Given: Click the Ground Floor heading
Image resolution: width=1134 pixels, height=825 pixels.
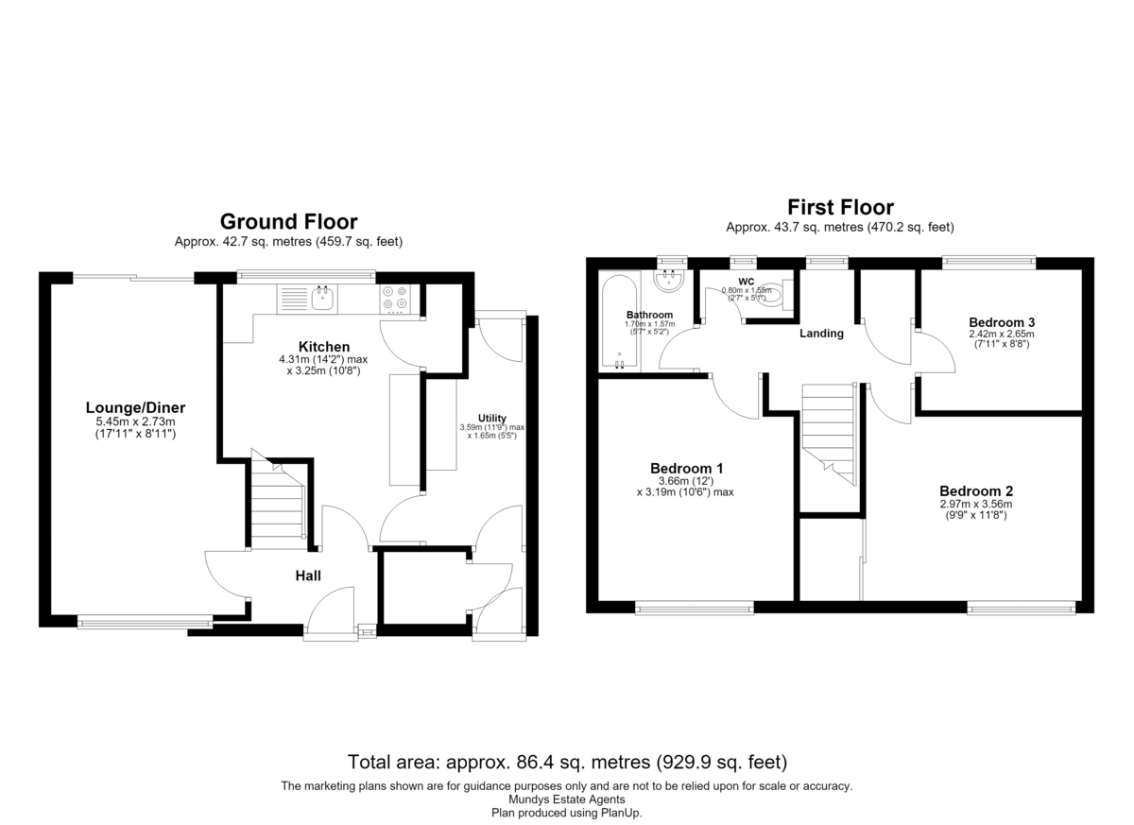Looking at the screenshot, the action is (x=288, y=222).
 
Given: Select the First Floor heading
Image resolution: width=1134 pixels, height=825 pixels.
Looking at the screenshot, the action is (x=840, y=208).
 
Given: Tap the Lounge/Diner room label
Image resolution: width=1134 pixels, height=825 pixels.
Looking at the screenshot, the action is (x=135, y=407).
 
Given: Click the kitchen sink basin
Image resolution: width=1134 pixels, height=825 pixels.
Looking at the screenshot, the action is (x=322, y=299).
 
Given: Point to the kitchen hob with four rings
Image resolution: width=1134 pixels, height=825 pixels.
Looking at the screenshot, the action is (x=395, y=299).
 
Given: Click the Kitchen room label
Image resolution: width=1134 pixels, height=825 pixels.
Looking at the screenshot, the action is (x=324, y=347).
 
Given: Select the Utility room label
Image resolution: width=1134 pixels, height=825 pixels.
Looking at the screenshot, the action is (x=492, y=418).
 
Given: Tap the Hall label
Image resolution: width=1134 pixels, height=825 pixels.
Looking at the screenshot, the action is (x=308, y=576).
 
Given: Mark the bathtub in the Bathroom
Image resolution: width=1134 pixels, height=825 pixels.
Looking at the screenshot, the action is (x=619, y=322).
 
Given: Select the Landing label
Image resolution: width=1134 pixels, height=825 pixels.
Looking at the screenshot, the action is (x=821, y=333).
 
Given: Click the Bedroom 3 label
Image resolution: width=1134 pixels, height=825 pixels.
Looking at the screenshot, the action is (x=1002, y=322).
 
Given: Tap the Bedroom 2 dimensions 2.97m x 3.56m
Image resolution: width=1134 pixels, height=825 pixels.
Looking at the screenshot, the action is (x=976, y=504).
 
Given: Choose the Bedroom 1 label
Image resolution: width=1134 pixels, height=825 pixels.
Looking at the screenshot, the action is (x=686, y=468).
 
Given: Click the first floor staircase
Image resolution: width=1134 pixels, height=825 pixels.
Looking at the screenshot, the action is (x=829, y=435).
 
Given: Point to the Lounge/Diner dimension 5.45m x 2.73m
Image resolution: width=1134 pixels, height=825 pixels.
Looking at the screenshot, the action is (x=136, y=421).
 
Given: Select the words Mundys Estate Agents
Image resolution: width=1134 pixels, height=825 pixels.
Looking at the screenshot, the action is (x=566, y=799).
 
